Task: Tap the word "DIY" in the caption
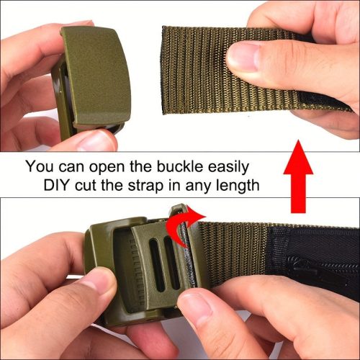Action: coord(56,185)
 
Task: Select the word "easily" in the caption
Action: coord(228,167)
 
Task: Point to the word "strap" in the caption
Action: coord(145,186)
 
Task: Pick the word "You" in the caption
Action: coord(40,166)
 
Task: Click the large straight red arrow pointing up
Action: coord(298,176)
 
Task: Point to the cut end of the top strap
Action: coord(163,71)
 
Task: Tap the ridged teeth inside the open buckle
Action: coord(135,272)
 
